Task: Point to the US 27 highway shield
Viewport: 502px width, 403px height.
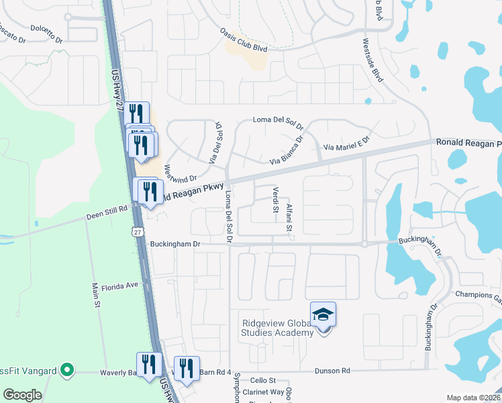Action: tap(138, 231)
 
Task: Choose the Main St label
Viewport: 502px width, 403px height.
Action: tap(96, 298)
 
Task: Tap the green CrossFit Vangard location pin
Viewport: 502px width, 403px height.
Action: tap(66, 370)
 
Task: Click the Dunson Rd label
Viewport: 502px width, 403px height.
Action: tap(337, 370)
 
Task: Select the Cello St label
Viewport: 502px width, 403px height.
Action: tap(263, 380)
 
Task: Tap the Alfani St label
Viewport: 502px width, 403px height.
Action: tap(289, 218)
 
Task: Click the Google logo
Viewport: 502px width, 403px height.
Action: tap(22, 395)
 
